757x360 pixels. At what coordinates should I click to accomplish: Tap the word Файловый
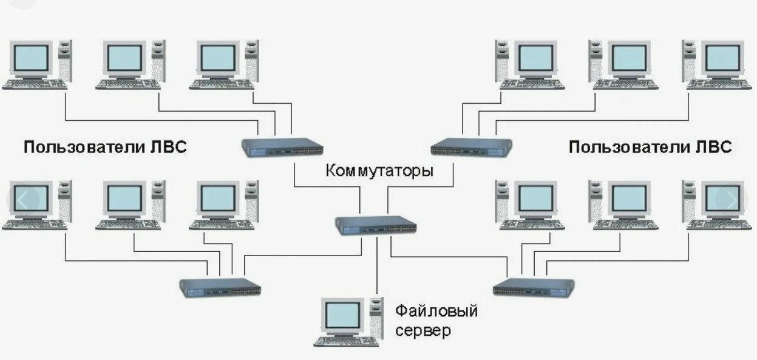pos(436,312)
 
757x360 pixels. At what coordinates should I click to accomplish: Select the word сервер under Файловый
pos(423,331)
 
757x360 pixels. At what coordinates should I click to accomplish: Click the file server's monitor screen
pos(341,314)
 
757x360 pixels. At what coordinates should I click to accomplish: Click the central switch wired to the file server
pos(375,225)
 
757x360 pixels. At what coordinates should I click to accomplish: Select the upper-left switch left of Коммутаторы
pos(282,147)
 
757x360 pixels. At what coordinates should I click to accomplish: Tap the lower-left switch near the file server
pos(220,286)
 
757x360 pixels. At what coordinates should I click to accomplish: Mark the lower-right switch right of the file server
pos(534,286)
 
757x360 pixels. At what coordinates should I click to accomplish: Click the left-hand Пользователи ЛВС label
pos(105,148)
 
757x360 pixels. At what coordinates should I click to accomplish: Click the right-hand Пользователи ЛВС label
pos(650,148)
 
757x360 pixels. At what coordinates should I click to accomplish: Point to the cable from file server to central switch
pos(377,267)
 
